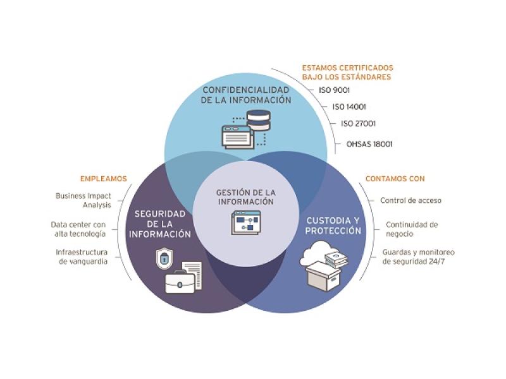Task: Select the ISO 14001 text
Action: pyautogui.click(x=349, y=107)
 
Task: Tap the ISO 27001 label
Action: pyautogui.click(x=359, y=124)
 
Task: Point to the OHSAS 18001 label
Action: pyautogui.click(x=369, y=143)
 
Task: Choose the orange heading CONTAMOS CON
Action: pyautogui.click(x=395, y=179)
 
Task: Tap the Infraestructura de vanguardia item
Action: pyautogui.click(x=82, y=256)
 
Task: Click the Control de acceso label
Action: pyautogui.click(x=410, y=200)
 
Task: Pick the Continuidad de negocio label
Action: pyautogui.click(x=412, y=228)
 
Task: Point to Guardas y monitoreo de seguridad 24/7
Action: pyautogui.click(x=418, y=256)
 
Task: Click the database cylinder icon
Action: pyautogui.click(x=257, y=118)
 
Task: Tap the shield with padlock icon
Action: pyautogui.click(x=163, y=258)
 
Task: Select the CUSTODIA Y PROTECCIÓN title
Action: pyautogui.click(x=333, y=226)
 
